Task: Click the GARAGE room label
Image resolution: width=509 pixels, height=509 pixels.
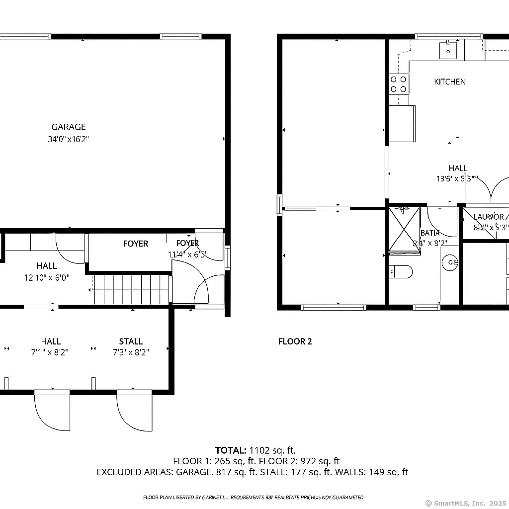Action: tap(69, 127)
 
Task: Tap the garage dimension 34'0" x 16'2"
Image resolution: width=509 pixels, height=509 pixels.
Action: tap(69, 140)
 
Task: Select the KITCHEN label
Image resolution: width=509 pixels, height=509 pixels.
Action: tap(450, 82)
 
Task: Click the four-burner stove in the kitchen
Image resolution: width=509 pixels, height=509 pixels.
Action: tap(398, 84)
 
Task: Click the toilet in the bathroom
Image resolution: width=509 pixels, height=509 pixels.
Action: tap(401, 271)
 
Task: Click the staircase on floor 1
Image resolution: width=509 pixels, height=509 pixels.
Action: tap(131, 289)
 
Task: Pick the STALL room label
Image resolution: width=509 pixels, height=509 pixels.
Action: tap(131, 341)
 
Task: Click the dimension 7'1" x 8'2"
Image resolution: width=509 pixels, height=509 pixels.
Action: tap(51, 352)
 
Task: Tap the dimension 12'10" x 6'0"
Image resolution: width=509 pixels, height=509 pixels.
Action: tap(47, 277)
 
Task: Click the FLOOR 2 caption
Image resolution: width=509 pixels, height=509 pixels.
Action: tap(295, 341)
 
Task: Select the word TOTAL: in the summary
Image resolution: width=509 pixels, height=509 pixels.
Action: tap(231, 450)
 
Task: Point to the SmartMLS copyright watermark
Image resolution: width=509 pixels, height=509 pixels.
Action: tap(465, 503)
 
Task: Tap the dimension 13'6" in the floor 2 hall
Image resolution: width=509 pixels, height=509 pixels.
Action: tap(445, 178)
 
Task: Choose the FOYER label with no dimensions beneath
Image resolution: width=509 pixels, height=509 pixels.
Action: tap(135, 244)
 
